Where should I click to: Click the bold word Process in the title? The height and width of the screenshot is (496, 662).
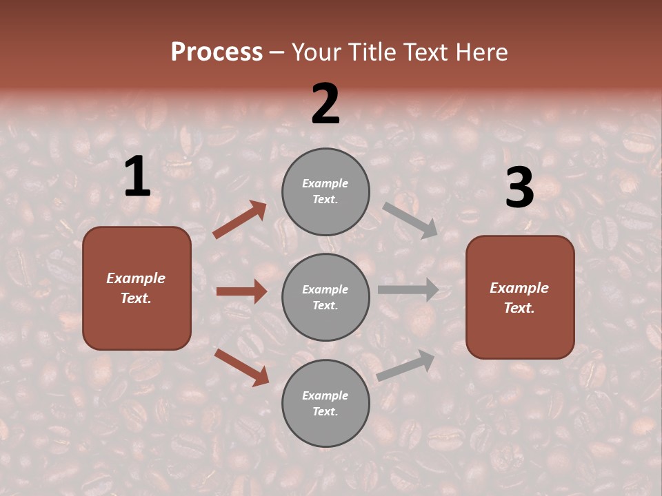(217, 52)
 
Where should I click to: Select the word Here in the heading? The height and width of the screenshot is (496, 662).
(480, 52)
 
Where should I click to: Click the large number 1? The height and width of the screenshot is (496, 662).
(137, 177)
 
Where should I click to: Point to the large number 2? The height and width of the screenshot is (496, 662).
(325, 104)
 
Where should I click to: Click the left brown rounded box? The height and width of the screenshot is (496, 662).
(137, 288)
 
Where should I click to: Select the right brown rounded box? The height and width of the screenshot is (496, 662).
(520, 298)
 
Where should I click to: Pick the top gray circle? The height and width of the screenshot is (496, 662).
(325, 192)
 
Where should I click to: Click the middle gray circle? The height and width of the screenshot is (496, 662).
(325, 297)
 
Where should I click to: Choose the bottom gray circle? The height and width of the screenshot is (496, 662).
(325, 403)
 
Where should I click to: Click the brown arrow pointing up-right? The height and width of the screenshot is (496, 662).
(240, 220)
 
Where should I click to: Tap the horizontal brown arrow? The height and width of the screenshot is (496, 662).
(241, 291)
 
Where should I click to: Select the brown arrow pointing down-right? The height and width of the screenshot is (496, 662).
(241, 367)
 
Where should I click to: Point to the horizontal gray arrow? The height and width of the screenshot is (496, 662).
(408, 289)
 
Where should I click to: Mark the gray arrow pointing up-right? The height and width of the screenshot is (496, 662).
(406, 365)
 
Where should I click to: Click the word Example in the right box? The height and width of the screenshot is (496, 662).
(519, 288)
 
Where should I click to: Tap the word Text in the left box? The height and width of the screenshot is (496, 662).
(135, 299)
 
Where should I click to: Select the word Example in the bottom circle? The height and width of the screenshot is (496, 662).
(325, 395)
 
